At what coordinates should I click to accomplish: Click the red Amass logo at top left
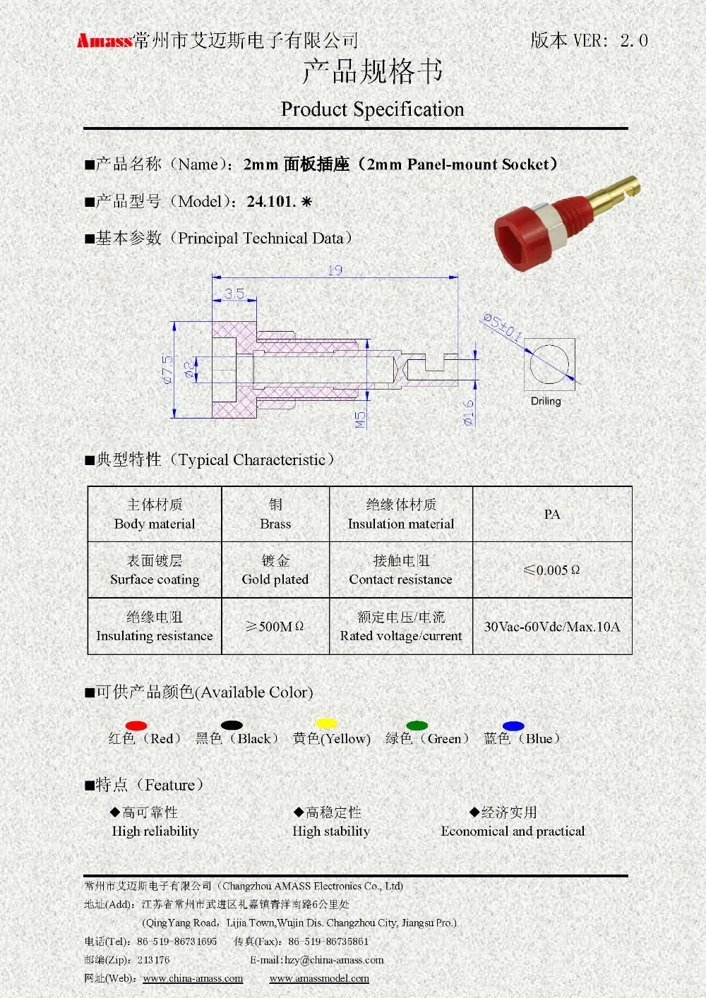pyautogui.click(x=104, y=41)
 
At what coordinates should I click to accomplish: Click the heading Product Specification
pyautogui.click(x=372, y=109)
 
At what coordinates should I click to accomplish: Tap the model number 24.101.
pyautogui.click(x=271, y=202)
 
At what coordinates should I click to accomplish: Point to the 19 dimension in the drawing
pyautogui.click(x=335, y=270)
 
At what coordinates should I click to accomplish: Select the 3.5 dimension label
pyautogui.click(x=234, y=294)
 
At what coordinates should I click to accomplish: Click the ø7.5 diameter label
pyautogui.click(x=167, y=369)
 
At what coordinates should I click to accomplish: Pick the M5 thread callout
pyautogui.click(x=360, y=420)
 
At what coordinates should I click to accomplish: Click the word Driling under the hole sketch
pyautogui.click(x=546, y=401)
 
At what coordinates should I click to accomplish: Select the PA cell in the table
pyautogui.click(x=552, y=515)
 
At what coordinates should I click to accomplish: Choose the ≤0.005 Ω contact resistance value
pyautogui.click(x=551, y=570)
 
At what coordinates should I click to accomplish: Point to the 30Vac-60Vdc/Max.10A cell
pyautogui.click(x=552, y=627)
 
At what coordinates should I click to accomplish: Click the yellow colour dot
pyautogui.click(x=326, y=723)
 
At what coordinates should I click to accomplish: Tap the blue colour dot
pyautogui.click(x=513, y=726)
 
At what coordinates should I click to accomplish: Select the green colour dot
pyautogui.click(x=417, y=726)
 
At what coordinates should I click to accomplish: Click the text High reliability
pyautogui.click(x=155, y=831)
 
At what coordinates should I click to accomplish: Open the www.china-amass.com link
pyautogui.click(x=193, y=979)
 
